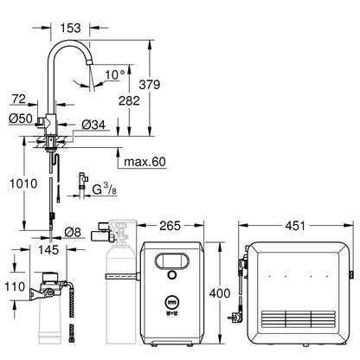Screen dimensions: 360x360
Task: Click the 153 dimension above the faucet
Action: click(70, 28)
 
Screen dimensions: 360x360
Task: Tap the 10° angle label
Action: click(115, 74)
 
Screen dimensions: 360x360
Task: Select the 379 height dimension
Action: click(150, 85)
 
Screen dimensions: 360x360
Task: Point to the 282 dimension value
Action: click(129, 100)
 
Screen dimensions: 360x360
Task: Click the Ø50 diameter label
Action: click(21, 119)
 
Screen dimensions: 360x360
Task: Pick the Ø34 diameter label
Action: click(93, 125)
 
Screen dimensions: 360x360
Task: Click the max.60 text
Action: click(145, 162)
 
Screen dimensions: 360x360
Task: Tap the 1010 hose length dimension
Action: click(23, 183)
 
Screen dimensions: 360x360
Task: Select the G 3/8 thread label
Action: click(105, 189)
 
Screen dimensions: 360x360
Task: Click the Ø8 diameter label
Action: click(73, 232)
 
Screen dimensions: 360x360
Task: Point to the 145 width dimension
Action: click(48, 249)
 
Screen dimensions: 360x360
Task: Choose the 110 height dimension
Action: click(15, 286)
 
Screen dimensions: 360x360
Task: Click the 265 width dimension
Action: click(170, 226)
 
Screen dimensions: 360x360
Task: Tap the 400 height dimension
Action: click(220, 293)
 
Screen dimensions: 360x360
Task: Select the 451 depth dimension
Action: click(295, 226)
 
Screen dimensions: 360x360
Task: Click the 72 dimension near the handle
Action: click(19, 99)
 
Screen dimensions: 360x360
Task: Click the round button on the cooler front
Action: click(172, 274)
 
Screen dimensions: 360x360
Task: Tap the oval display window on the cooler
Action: click(172, 260)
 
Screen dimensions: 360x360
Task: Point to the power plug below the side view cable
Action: click(235, 318)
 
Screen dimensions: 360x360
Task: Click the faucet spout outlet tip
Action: click(90, 61)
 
